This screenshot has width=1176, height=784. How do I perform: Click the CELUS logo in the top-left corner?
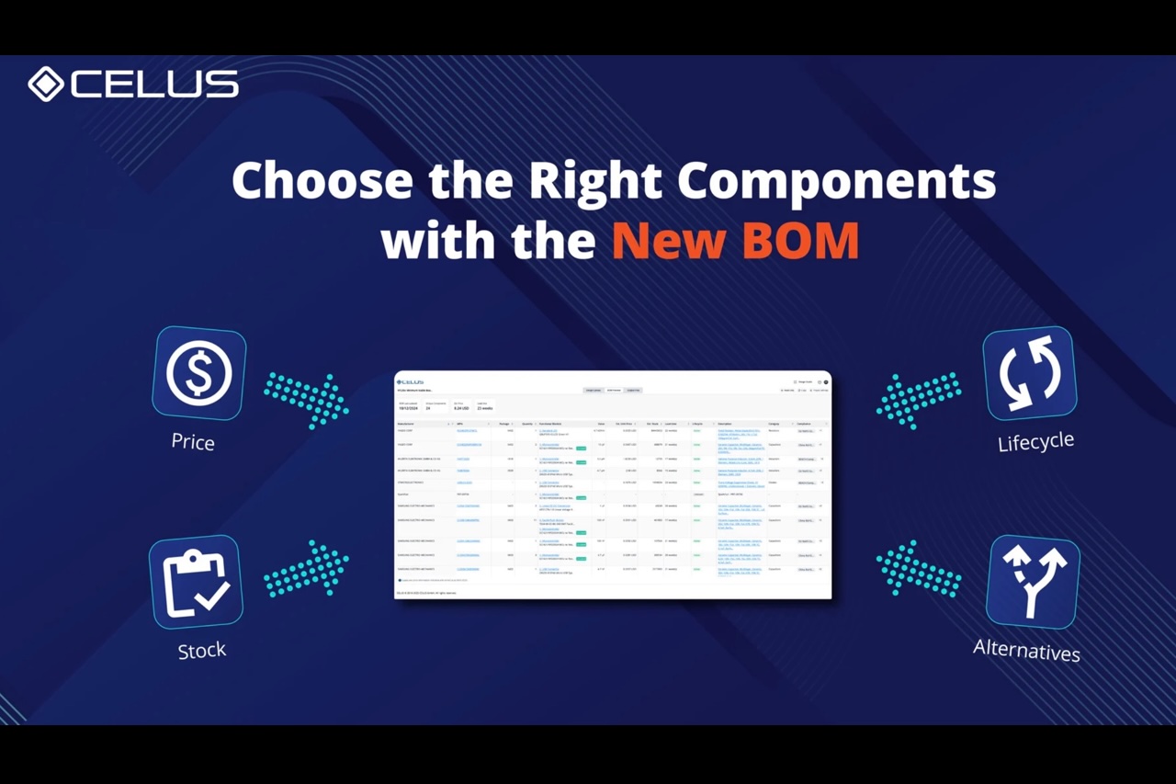[x=133, y=84]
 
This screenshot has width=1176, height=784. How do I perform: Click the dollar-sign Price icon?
[x=199, y=373]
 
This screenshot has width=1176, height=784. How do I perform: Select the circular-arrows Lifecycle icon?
[x=1030, y=373]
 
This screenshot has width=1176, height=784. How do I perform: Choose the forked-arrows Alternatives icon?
[x=1033, y=582]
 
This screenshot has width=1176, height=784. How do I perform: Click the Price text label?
[x=193, y=442]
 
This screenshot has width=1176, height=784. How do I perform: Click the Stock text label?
[x=201, y=651]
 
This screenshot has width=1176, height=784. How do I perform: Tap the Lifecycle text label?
[x=1035, y=442]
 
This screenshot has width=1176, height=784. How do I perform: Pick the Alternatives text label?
[x=1026, y=651]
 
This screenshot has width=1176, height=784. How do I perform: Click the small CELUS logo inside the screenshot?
[x=411, y=381]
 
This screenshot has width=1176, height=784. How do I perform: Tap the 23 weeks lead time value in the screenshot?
[x=485, y=408]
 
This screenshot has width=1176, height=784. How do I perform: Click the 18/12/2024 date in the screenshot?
[x=409, y=408]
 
